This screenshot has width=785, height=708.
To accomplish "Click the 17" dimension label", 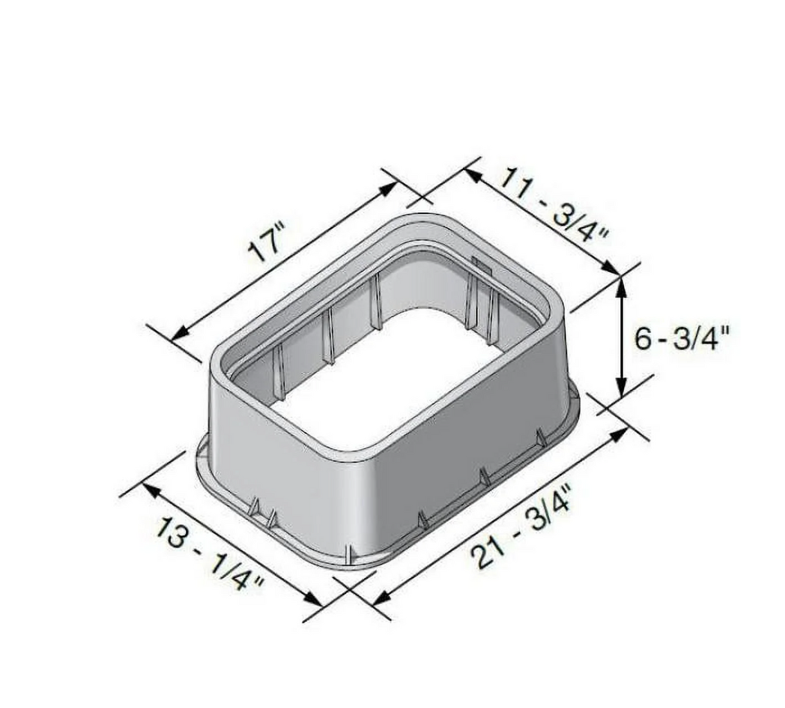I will (x=266, y=244).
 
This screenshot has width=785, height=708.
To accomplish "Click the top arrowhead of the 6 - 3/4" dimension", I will (x=621, y=284).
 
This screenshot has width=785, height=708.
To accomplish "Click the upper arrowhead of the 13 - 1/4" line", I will (x=151, y=490).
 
